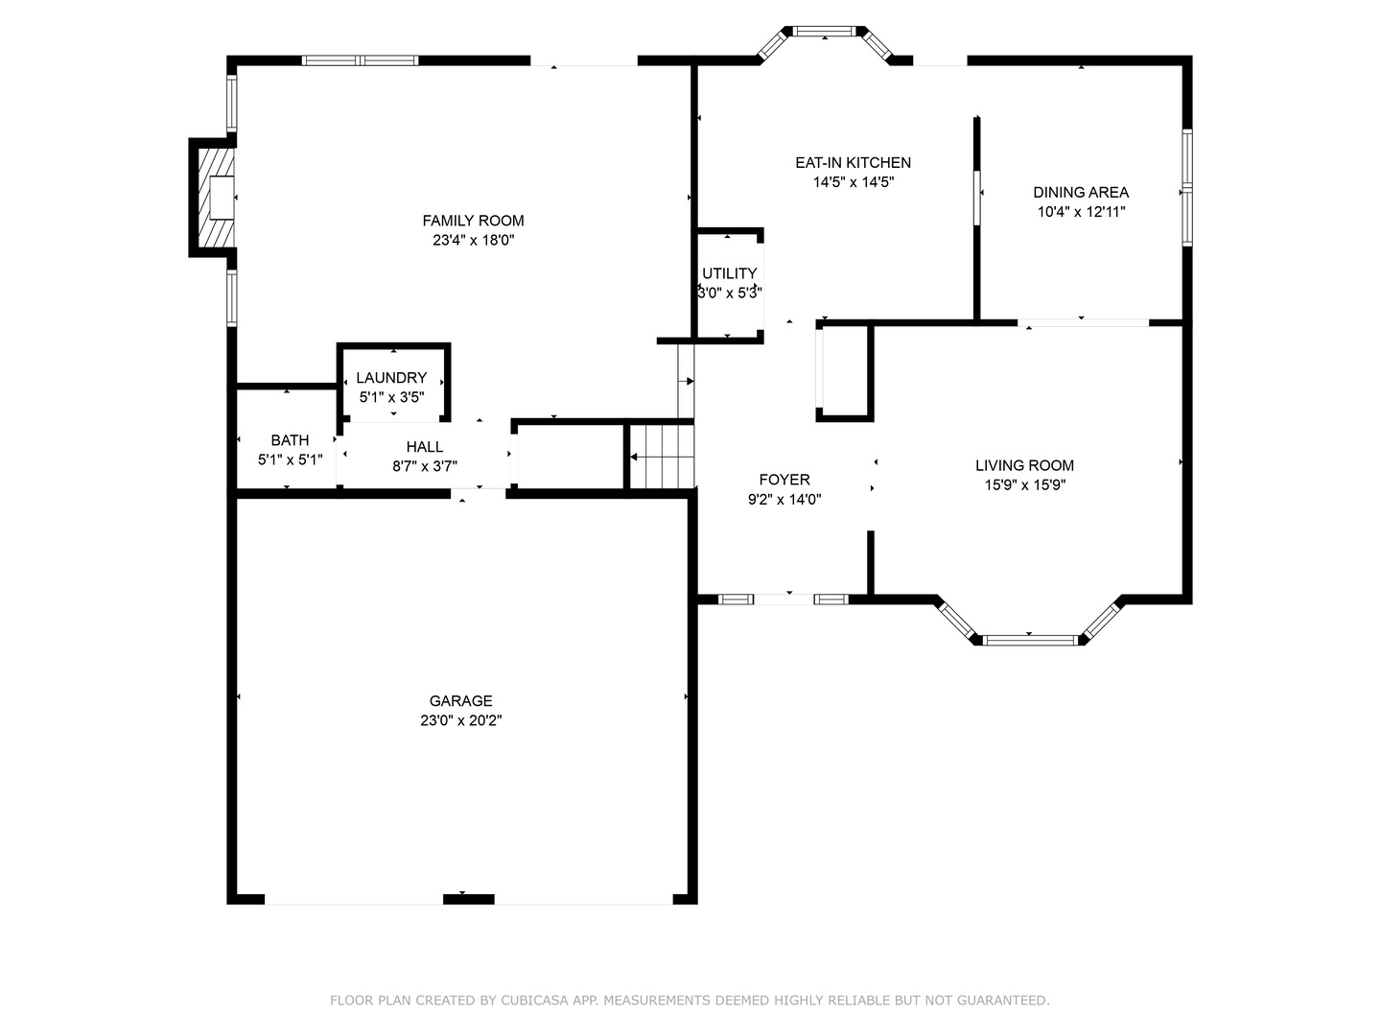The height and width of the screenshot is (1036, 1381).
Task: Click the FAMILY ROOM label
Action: click(473, 221)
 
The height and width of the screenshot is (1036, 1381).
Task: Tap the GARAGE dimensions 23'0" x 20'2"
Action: click(460, 720)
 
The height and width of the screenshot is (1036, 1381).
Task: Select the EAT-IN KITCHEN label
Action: click(853, 163)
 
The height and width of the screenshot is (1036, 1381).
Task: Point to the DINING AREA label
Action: click(1081, 192)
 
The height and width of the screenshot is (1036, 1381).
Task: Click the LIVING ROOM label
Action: click(1024, 465)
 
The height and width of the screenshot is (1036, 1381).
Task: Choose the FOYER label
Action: click(784, 480)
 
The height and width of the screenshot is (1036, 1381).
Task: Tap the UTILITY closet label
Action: click(729, 273)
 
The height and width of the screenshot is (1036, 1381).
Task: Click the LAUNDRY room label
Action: click(391, 378)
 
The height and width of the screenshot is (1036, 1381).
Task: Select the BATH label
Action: click(290, 440)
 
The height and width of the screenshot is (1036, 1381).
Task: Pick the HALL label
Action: click(424, 447)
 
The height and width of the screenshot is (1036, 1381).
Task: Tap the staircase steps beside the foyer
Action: click(663, 457)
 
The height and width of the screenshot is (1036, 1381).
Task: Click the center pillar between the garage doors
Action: click(468, 899)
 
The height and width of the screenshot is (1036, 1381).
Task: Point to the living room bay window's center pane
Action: click(1030, 640)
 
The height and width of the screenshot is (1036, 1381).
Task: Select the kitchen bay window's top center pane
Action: click(824, 32)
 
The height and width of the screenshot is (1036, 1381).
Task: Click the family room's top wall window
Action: click(360, 60)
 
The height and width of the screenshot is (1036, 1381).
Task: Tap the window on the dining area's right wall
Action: click(1186, 187)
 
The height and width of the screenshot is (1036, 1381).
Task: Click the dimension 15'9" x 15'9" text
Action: click(1024, 485)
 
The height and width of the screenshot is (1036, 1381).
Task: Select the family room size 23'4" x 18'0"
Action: click(473, 241)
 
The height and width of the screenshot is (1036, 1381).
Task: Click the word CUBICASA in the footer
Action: click(534, 1001)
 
